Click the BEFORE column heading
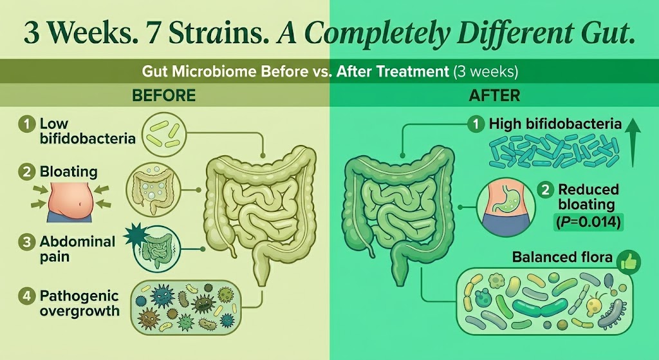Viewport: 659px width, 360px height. (x=164, y=95)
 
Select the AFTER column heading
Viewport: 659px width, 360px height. (x=494, y=95)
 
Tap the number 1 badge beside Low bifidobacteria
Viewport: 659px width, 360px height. (x=27, y=125)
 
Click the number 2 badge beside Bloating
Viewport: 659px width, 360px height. (x=27, y=173)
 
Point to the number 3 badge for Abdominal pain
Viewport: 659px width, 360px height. (x=27, y=243)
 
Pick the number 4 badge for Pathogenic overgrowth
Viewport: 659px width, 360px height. (x=27, y=296)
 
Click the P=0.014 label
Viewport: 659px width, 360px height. (x=588, y=222)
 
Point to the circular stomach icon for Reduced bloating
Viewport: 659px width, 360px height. (x=506, y=206)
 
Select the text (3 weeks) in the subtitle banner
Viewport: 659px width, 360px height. (x=485, y=71)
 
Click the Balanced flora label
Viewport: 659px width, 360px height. (x=562, y=257)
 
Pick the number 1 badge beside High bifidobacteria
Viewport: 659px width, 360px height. (x=476, y=124)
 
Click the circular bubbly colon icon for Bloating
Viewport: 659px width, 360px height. (x=154, y=190)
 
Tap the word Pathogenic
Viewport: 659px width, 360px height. (x=79, y=296)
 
